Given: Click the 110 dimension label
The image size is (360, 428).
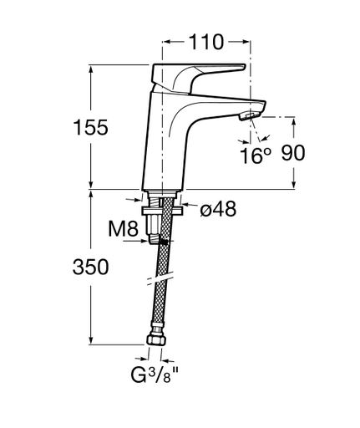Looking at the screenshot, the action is click(x=206, y=42).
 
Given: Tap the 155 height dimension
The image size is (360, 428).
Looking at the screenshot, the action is click(x=90, y=128).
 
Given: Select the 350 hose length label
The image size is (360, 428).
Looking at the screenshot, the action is click(x=90, y=267).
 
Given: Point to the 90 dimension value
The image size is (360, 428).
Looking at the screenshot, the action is click(x=293, y=153).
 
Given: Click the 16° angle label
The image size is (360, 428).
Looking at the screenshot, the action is click(x=256, y=155).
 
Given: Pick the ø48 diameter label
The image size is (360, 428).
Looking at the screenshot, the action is click(x=218, y=208).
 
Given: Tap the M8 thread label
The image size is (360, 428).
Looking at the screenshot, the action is click(x=123, y=229).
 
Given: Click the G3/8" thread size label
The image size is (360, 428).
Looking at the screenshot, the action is click(x=155, y=375).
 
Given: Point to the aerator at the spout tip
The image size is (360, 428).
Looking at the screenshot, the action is click(x=249, y=115).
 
